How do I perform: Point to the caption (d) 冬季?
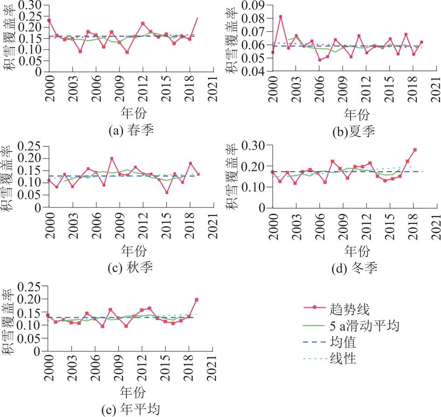[x=356, y=268]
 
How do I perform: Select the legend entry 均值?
[x=343, y=342]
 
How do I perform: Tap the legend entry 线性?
[x=343, y=359]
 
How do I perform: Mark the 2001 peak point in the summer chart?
[x=281, y=17]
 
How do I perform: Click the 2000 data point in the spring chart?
[x=49, y=21]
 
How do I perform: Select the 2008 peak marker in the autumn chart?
[x=112, y=159]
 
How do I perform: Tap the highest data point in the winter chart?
[x=415, y=150]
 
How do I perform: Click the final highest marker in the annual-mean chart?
[x=196, y=299]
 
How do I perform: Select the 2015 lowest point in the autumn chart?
[x=166, y=192]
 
